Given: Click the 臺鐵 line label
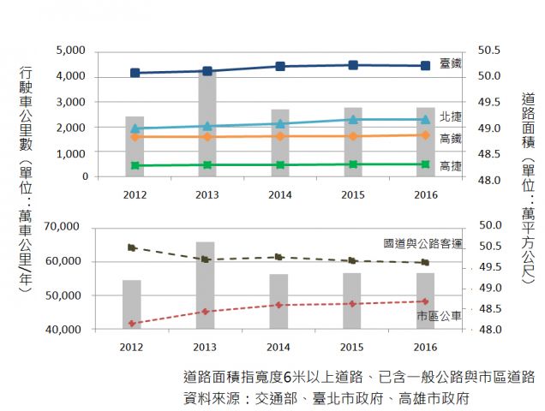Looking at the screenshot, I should tap(450, 64).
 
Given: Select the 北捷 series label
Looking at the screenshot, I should tap(450, 116).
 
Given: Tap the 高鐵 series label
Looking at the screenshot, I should tap(450, 138).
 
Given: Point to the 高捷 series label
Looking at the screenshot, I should tap(450, 166).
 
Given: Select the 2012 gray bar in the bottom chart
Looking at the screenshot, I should tap(132, 304).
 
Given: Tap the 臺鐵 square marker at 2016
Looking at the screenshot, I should tap(425, 66).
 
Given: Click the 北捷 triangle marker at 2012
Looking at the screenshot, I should tap(135, 128).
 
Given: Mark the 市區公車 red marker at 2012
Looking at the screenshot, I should tap(132, 323).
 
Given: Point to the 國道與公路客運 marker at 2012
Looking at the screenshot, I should tap(132, 247).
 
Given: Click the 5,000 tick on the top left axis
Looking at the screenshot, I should tap(71, 51).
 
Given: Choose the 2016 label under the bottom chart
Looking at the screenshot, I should tap(425, 347).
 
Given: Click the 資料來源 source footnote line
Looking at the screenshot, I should tap(326, 398).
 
